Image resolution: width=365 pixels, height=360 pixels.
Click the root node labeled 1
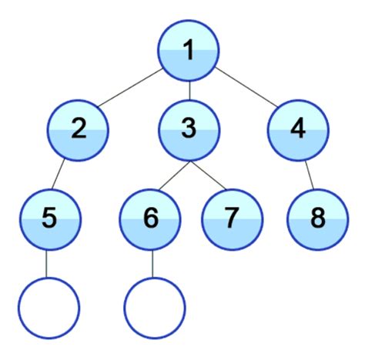tap(189, 53)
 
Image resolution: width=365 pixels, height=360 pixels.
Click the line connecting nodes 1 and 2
tap(133, 90)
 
